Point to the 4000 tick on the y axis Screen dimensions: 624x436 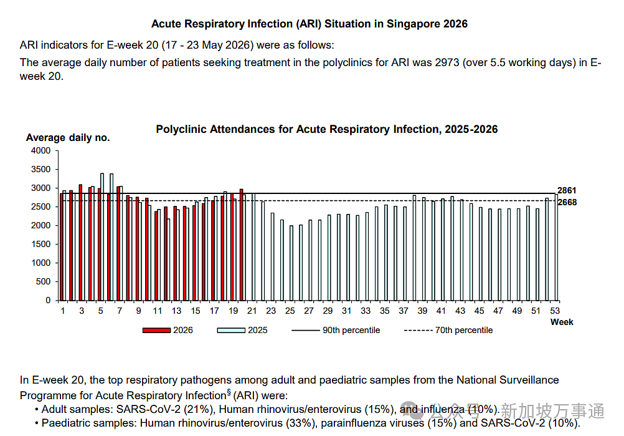(41, 151)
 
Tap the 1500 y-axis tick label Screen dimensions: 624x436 (41, 244)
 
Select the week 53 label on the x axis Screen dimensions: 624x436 (555, 311)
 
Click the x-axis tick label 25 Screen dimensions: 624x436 (290, 311)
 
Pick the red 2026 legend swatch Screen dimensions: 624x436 (156, 331)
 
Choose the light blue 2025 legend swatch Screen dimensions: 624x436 (231, 331)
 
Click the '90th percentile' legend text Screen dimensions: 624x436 (351, 331)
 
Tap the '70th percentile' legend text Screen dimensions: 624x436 (463, 331)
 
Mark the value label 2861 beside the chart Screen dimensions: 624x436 (567, 190)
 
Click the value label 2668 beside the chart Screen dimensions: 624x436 (567, 203)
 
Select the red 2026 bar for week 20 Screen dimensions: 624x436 (241, 245)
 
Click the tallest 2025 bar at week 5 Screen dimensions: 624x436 (102, 237)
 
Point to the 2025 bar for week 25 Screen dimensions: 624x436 (291, 263)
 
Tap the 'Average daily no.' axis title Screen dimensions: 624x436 (68, 138)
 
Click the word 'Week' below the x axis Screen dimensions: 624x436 (562, 322)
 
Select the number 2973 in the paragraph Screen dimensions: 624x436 (447, 62)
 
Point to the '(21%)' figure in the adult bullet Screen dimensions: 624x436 (199, 409)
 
